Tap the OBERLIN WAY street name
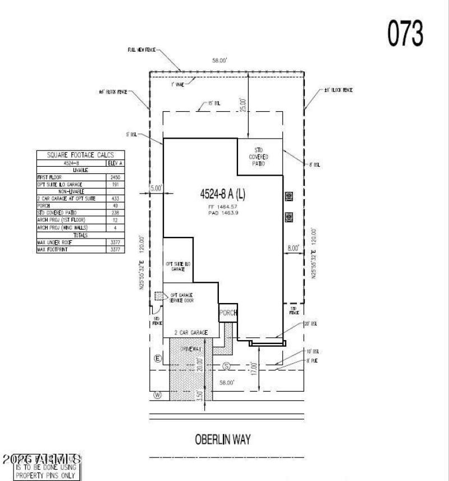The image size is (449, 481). [223, 439]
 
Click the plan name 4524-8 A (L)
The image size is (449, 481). [223, 195]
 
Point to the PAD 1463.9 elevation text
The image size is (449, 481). [223, 214]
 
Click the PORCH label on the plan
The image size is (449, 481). [228, 313]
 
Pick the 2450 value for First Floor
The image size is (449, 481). [115, 177]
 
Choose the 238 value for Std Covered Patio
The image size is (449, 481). [115, 213]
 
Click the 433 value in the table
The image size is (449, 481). [115, 199]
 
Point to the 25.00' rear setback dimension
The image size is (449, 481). [242, 105]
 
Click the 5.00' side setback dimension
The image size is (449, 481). [156, 189]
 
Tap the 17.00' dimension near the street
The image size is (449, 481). [254, 369]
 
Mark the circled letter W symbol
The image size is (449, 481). [158, 395]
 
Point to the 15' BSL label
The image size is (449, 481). [209, 104]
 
